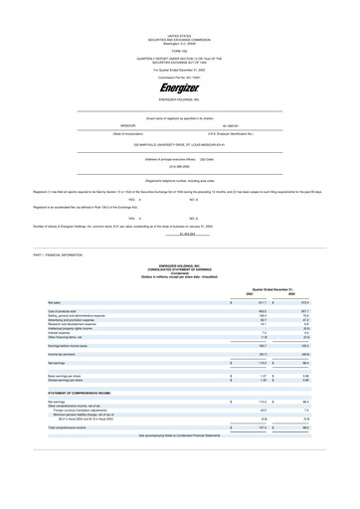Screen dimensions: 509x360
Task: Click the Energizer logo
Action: (180, 88)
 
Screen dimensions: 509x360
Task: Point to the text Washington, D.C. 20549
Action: (180, 18)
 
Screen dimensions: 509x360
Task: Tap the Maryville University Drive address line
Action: (180, 144)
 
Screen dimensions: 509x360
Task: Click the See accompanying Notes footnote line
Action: (180, 435)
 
